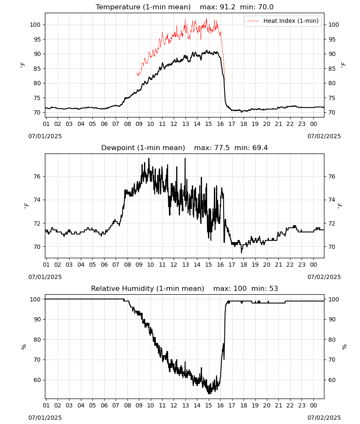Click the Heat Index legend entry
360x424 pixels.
pos(282,21)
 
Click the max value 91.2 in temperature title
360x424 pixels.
pos(228,7)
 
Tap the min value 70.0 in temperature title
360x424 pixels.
pos(266,7)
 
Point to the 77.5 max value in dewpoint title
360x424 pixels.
pos(222,148)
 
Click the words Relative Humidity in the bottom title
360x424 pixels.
pos(122,288)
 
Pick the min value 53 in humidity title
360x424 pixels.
pos(274,288)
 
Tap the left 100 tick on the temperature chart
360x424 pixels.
pos(35,25)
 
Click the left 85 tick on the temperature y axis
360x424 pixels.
pos(37,69)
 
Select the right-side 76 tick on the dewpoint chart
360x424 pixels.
pos(332,176)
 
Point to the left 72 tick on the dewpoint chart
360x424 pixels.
pos(37,223)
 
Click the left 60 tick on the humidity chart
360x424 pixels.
pos(37,380)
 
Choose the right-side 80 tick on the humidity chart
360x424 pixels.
pos(332,340)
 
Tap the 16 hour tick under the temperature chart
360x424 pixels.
pos(220,124)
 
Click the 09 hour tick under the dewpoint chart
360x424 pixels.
pos(139,265)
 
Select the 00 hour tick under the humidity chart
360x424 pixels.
pos(313,406)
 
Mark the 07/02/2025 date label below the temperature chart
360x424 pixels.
pos(324,136)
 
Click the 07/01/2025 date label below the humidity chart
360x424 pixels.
pos(45,418)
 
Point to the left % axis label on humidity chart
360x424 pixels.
pos(24,347)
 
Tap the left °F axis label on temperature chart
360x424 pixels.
pos(23,65)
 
